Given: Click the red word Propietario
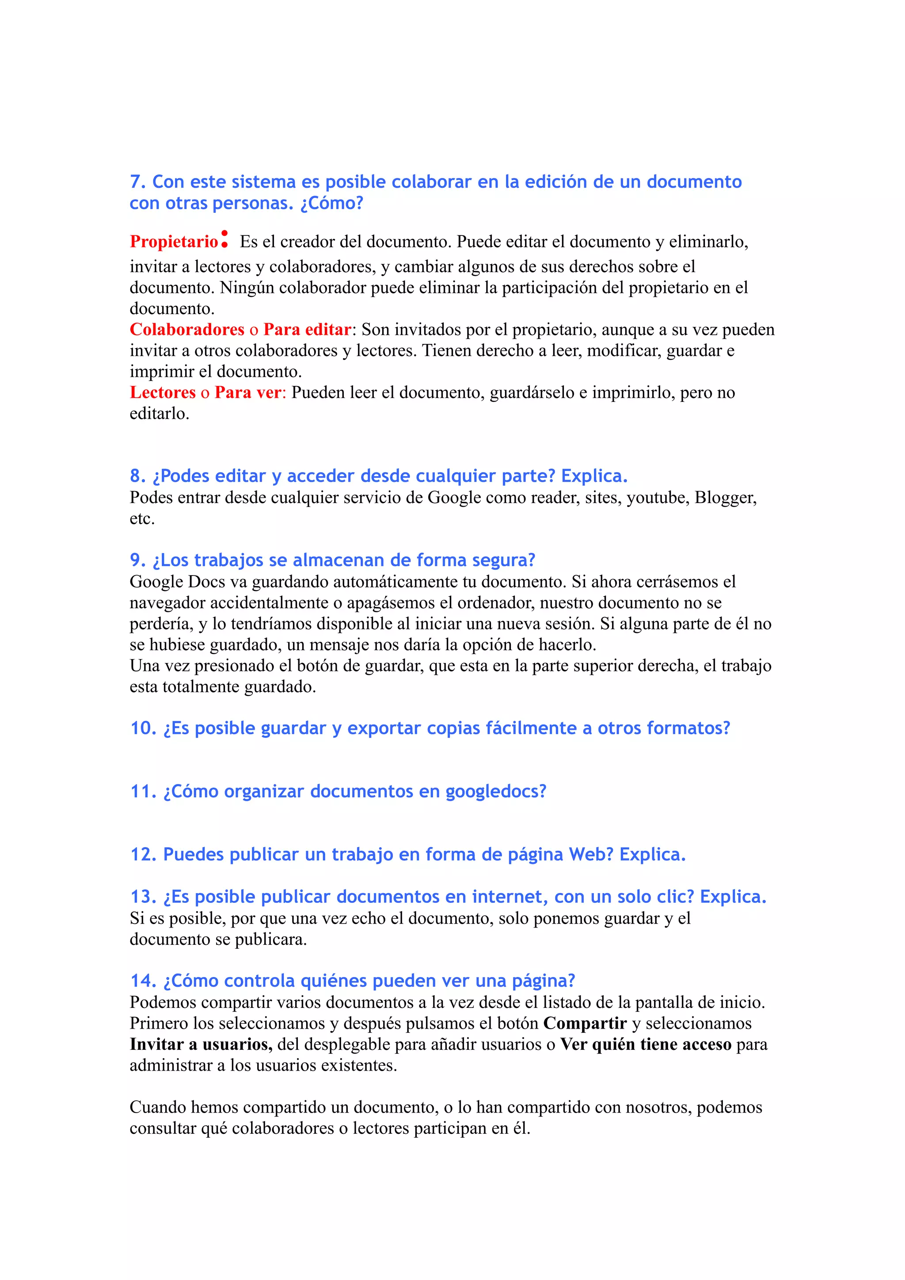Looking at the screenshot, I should click(x=173, y=242).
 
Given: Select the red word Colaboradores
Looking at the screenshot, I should click(x=187, y=329).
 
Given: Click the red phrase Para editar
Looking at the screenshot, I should click(x=307, y=329).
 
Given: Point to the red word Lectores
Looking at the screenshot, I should click(x=162, y=393).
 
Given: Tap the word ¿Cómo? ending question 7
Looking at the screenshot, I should click(x=332, y=203).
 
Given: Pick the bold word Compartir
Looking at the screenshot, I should click(x=585, y=1023).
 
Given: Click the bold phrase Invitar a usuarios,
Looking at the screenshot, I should click(x=201, y=1044).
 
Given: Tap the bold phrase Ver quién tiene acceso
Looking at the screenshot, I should click(x=646, y=1044).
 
